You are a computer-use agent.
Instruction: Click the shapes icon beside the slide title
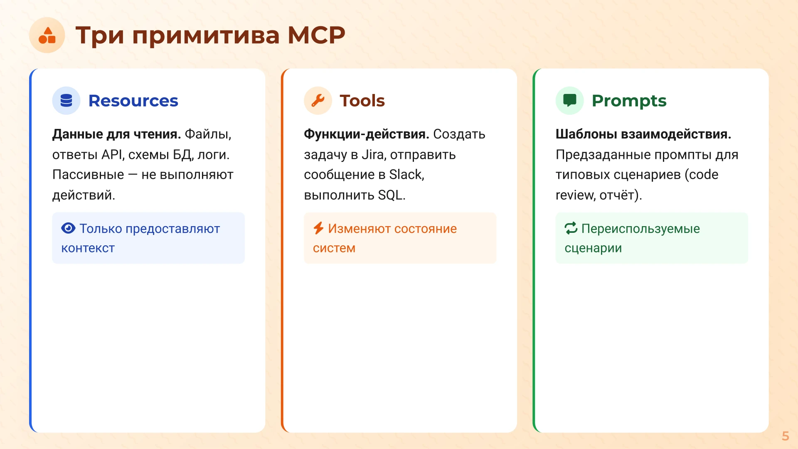coord(47,35)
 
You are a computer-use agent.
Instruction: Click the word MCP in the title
coord(316,35)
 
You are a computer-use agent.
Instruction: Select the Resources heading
coord(133,101)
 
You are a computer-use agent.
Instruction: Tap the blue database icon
coord(66,101)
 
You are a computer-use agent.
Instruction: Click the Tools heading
coord(362,101)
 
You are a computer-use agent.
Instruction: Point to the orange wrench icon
coord(318,101)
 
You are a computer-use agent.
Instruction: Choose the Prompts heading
coord(629,101)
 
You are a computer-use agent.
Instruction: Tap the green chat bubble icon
coord(569,101)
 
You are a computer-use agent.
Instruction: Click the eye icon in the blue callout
coord(68,228)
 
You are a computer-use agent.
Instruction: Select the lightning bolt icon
coord(318,228)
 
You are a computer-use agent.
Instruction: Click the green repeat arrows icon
coord(571,228)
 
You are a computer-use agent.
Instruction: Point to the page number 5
coord(785,436)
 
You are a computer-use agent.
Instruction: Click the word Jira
coord(372,155)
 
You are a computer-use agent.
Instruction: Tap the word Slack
coord(406,175)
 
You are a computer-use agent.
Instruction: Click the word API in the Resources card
coord(112,155)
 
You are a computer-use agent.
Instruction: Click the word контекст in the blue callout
coord(88,248)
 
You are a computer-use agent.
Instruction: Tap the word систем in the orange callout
coord(334,248)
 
